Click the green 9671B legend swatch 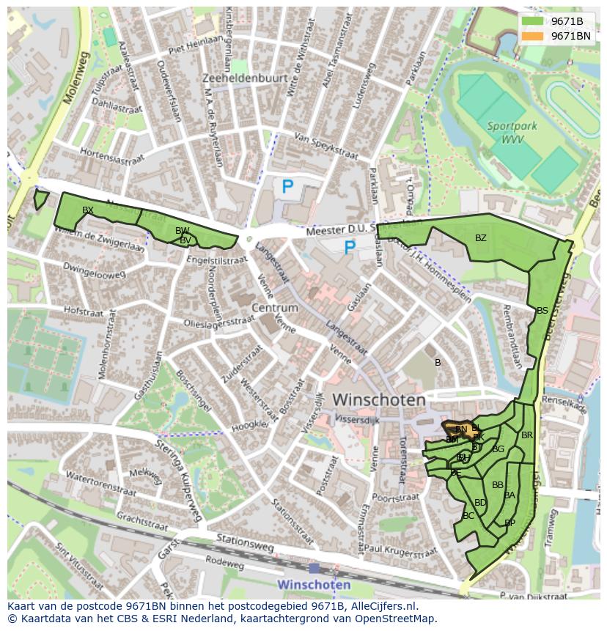[x=533, y=21]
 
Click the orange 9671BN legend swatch [x=533, y=36]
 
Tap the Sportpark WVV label [x=512, y=133]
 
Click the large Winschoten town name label [x=379, y=400]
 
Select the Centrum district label [x=274, y=308]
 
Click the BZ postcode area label [x=480, y=238]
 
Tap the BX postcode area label [x=88, y=210]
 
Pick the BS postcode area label [x=542, y=311]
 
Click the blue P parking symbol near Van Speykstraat [x=287, y=187]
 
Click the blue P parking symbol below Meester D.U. [x=350, y=248]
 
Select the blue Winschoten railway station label [x=314, y=585]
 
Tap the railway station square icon [x=314, y=568]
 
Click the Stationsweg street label [x=245, y=543]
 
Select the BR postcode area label [x=526, y=435]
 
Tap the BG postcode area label [x=498, y=449]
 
